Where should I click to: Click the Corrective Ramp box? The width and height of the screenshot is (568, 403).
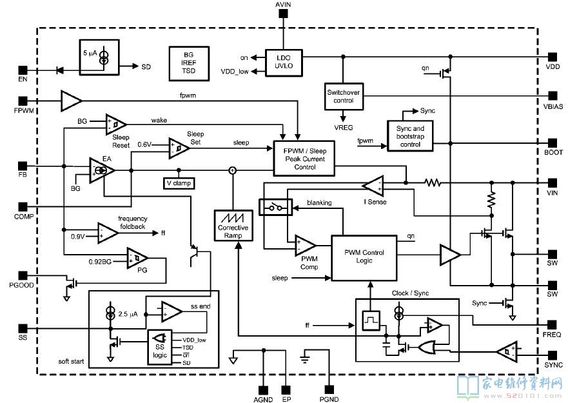click(233, 224)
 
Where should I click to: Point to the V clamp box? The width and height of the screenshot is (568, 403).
click(179, 182)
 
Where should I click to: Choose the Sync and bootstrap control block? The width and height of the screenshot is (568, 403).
click(410, 135)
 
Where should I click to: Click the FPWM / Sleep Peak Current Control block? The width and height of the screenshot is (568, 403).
click(304, 158)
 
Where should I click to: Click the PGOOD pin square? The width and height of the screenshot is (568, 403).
click(23, 275)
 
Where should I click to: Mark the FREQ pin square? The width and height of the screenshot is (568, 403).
click(552, 324)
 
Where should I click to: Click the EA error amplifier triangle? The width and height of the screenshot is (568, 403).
click(101, 170)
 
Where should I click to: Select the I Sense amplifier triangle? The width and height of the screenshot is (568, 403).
click(373, 186)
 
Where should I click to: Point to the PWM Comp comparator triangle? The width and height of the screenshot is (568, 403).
click(304, 245)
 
